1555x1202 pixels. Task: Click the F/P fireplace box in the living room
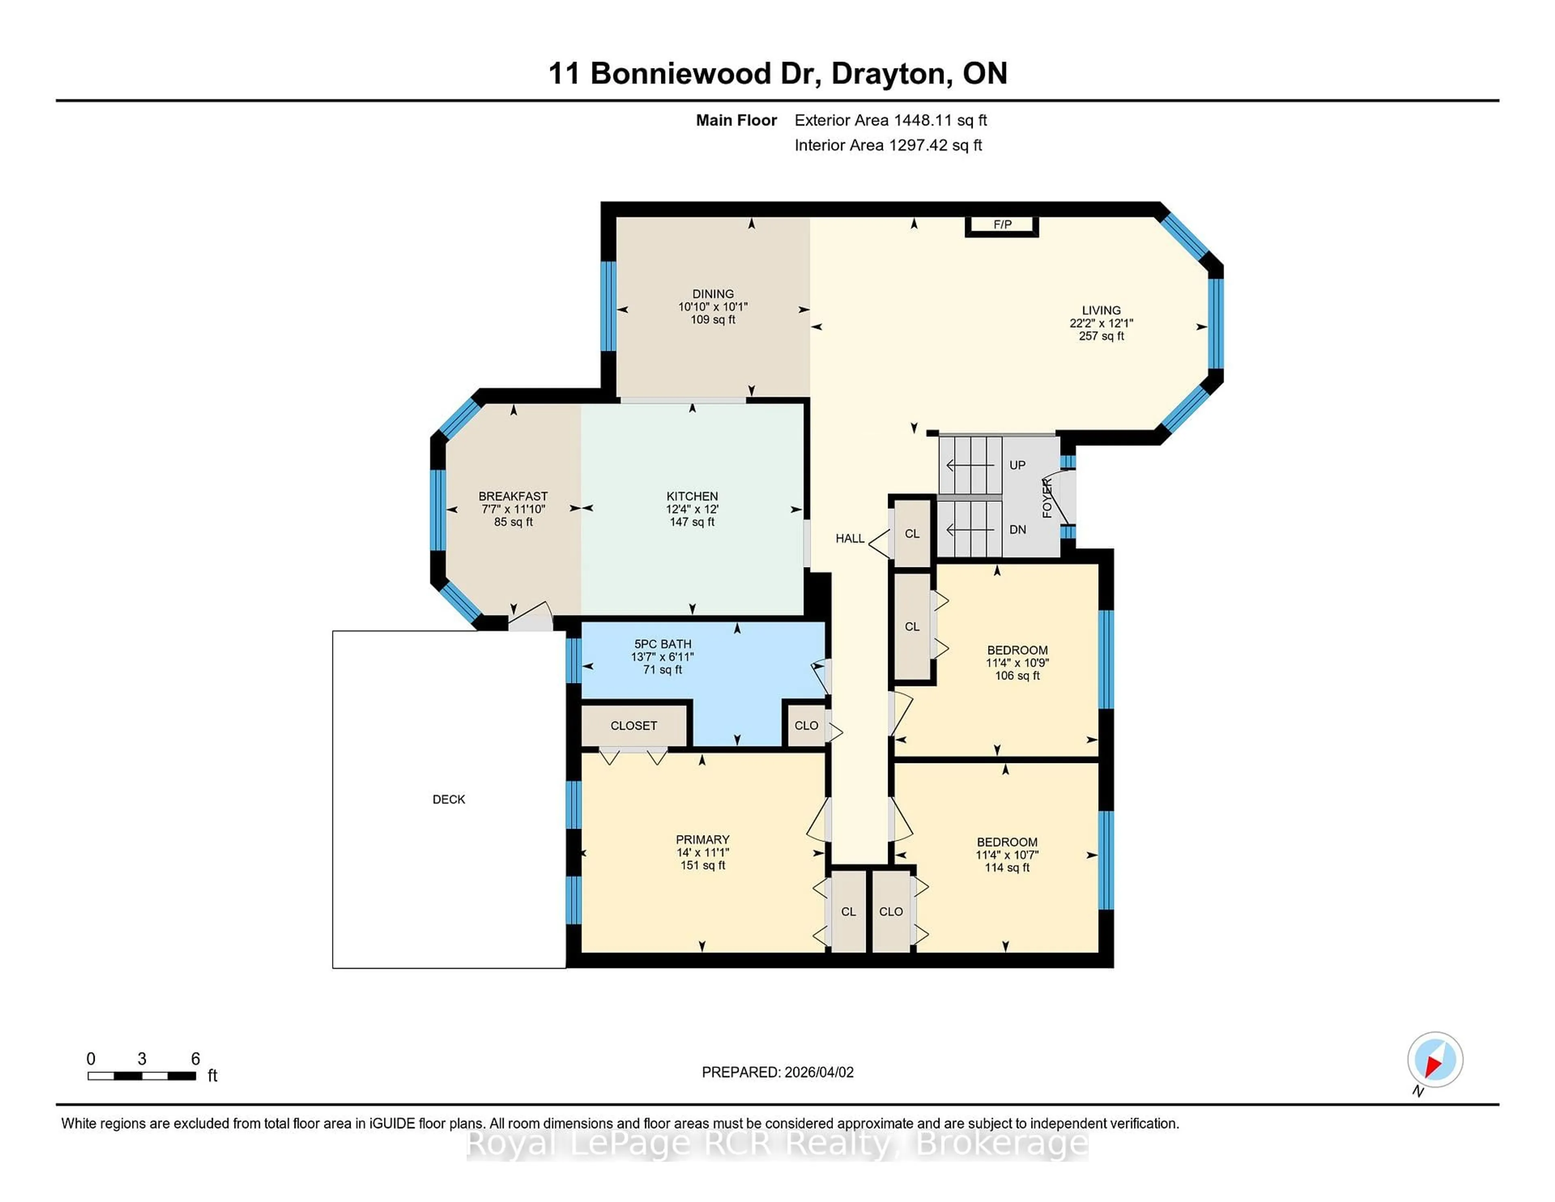[x=1002, y=225]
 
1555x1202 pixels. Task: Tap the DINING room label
[x=713, y=293]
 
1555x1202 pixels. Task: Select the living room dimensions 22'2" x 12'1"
[x=1101, y=323]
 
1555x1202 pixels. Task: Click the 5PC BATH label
[x=662, y=644]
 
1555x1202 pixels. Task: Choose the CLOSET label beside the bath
[x=633, y=726]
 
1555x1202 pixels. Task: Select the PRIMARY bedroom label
[x=702, y=840]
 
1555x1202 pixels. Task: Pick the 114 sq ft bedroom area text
[x=1007, y=867]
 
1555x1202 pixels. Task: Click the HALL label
[x=850, y=538]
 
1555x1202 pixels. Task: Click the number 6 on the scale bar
[x=195, y=1059]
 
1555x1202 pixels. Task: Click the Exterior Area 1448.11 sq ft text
[x=890, y=120]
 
